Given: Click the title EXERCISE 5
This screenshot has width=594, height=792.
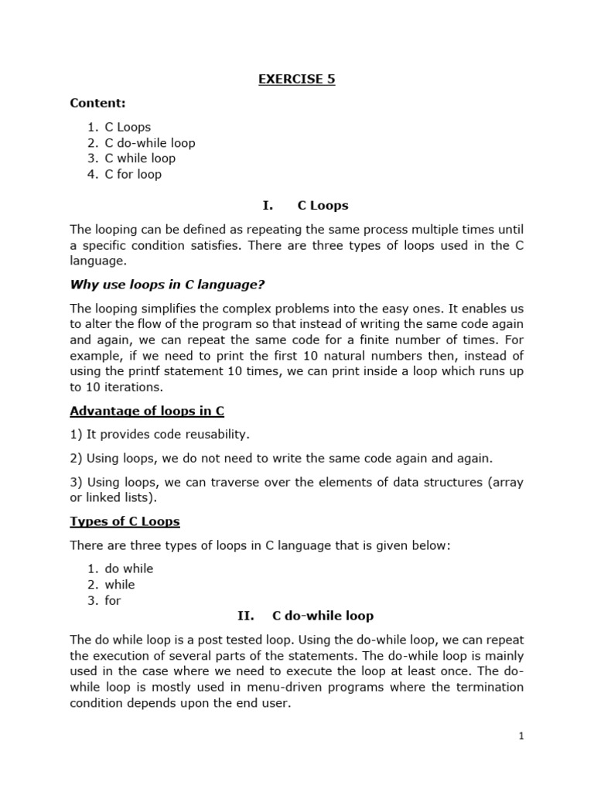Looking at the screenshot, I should (296, 79).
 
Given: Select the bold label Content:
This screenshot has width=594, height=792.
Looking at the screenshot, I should (97, 103).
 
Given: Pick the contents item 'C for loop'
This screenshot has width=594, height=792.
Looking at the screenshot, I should (133, 174).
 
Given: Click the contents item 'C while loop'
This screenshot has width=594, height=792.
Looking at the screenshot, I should (140, 159).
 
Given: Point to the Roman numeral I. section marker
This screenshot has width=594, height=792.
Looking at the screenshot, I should (268, 206).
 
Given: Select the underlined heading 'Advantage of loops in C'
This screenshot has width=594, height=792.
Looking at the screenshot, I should (147, 411).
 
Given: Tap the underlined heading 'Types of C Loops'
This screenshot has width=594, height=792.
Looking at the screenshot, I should (125, 522).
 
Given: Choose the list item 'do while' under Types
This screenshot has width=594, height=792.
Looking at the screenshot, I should (129, 568).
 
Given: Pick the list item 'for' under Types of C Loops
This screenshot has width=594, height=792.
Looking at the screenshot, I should (113, 600).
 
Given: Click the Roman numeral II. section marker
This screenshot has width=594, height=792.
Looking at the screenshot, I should (245, 616).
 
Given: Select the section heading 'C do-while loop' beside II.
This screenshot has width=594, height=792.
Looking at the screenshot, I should (323, 616).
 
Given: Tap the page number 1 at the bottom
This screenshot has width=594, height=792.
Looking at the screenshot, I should (521, 736).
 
